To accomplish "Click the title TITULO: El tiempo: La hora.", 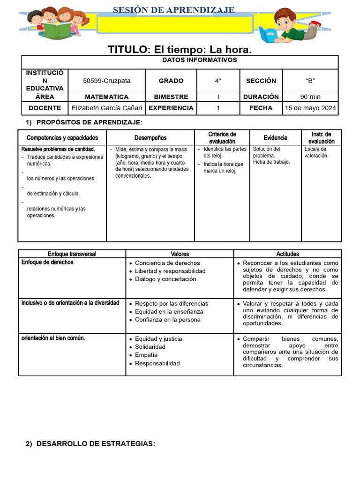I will pos(180,49).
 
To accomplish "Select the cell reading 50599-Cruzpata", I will pos(107,81).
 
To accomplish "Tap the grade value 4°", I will pos(218,81).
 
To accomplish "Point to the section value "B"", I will pos(310,81).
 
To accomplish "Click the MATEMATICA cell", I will pos(107,97).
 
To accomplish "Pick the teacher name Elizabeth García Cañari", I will pos(107,108).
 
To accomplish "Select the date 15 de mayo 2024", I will pos(310,108).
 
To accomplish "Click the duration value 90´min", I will pos(310,97).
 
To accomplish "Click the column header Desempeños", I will pos(150,138).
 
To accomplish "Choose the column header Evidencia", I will pos(275,138).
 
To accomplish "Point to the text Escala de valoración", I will pos(316,152).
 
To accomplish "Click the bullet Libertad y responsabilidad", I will pos(170,271).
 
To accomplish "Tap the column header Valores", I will pos(180,254).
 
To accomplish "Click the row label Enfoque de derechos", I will pos(47,262).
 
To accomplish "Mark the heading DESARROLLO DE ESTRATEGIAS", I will pos(96,443).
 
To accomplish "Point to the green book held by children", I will pos(57,30).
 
